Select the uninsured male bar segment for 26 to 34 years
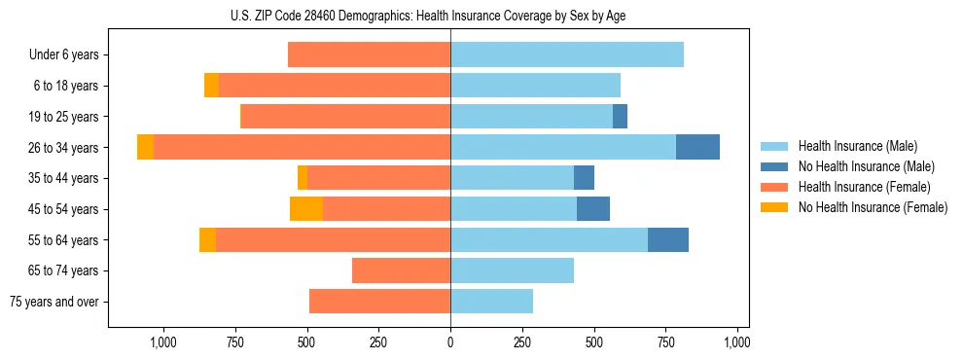pos(697,147)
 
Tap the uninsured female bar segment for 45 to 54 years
pos(306,209)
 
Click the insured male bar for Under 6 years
pos(567,54)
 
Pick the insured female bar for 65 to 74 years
pos(401,270)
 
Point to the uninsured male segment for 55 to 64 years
pos(668,240)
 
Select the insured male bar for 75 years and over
pos(491,302)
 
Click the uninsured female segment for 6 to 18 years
pos(211,86)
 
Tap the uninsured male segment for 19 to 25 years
pos(620,117)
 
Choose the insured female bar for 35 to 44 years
pos(378,178)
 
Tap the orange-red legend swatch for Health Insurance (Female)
pos(774,187)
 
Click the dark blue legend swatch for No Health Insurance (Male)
pos(774,166)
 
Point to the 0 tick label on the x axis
pos(450,342)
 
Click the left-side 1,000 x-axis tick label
pos(162,342)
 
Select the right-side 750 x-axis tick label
pos(665,342)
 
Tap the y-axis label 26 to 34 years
pos(64,148)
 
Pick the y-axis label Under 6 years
pos(63,55)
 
